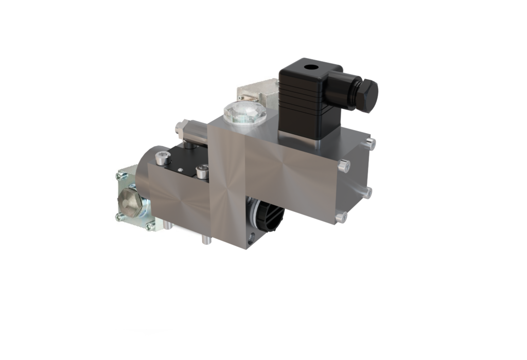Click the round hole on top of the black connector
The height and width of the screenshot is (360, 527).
tap(310, 67)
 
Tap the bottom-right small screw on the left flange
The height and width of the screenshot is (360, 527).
tap(150, 227)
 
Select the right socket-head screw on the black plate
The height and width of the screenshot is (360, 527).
tap(203, 172)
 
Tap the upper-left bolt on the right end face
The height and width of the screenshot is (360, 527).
tap(344, 166)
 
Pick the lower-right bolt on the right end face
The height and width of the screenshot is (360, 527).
tap(367, 193)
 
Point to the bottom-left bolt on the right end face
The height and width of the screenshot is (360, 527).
tap(341, 217)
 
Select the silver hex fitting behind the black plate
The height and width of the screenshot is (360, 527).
tap(181, 127)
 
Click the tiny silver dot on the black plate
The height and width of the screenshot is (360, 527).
tap(180, 169)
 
